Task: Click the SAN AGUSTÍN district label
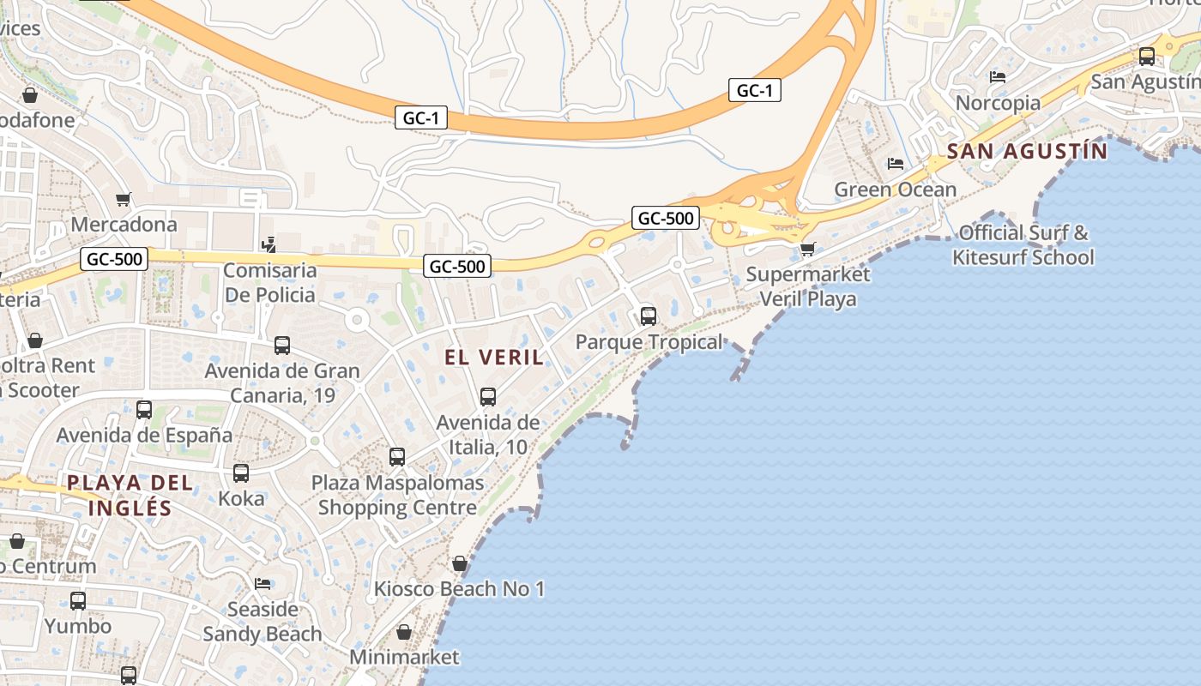[1027, 152]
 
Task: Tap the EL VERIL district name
[494, 358]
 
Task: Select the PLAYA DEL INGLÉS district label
[130, 495]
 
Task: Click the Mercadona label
[124, 225]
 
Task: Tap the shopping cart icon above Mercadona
[124, 200]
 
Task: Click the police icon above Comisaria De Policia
[269, 244]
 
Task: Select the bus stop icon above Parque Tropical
[649, 316]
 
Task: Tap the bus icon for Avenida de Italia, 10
[488, 397]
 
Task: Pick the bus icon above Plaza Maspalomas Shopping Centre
[397, 457]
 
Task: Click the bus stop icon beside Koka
[241, 473]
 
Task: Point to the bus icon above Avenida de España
[144, 410]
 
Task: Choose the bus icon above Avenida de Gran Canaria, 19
[282, 346]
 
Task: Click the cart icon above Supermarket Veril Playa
[807, 250]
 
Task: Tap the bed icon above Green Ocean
[896, 164]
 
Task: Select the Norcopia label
[998, 103]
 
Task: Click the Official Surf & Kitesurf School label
[1023, 244]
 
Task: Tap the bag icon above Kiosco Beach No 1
[460, 564]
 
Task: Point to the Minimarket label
[404, 658]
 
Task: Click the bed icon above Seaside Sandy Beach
[263, 584]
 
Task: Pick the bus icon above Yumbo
[78, 601]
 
